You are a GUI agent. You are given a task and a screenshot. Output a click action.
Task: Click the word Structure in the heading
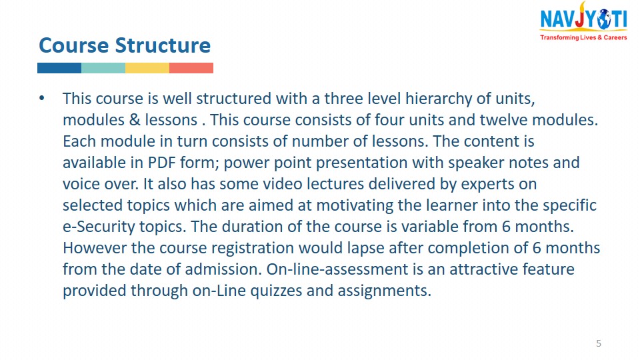coord(163,45)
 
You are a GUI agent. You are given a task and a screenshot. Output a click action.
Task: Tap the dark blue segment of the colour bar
coord(59,68)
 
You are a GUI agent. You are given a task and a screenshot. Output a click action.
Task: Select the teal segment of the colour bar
coord(103,68)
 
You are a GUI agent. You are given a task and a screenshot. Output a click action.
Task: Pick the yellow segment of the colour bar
coord(147,68)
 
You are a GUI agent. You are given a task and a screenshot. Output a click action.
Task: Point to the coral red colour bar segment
coord(191,68)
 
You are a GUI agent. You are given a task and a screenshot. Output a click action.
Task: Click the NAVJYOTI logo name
coord(584,19)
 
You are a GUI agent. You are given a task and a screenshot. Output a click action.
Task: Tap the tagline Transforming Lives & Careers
coord(584,37)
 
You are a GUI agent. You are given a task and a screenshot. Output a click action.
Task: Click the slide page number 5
coord(599,343)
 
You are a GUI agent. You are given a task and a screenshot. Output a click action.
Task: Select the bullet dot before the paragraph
coord(41,98)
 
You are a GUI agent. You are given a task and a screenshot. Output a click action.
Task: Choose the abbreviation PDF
coord(161,163)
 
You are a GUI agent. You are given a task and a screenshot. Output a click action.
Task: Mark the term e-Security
coord(99,227)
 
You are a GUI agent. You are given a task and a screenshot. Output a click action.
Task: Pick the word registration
coord(253,248)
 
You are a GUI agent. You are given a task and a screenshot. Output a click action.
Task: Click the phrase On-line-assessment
coord(337,269)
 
